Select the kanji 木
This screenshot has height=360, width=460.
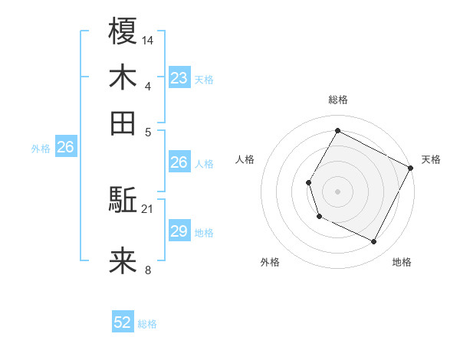pos(123,77)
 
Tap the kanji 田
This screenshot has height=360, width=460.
pos(123,123)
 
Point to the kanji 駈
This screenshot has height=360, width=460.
pos(123,201)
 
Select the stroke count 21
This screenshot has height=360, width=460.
pos(148,208)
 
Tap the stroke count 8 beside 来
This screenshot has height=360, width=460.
pos(148,270)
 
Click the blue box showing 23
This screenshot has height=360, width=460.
pos(179,78)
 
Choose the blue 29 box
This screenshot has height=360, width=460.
pos(179,231)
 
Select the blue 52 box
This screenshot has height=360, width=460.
pos(123,323)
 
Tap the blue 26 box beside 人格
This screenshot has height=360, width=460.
pos(179,162)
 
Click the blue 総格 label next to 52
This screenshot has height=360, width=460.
pos(147,324)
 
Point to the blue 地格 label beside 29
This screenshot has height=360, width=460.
pos(204,232)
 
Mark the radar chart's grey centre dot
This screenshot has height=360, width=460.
pos(337,191)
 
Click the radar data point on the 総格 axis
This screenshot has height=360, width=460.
pos(337,129)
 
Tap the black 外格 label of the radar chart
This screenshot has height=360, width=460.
pos(271,263)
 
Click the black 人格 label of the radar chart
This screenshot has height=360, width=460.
pos(245,159)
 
